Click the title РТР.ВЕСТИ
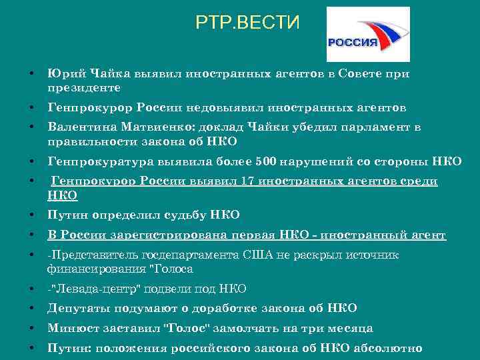tap(248, 24)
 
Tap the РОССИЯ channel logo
tap(368, 35)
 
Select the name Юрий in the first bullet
tap(63, 74)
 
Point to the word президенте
tap(84, 87)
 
